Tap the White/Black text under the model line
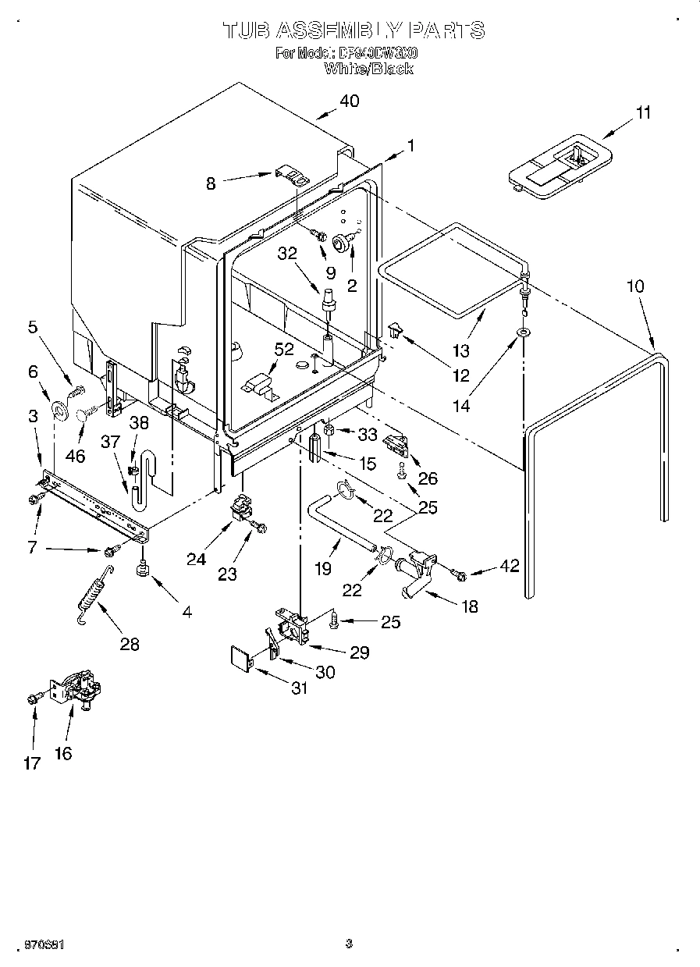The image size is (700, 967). tap(368, 69)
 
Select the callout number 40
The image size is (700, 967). tap(349, 101)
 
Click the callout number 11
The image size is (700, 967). tap(642, 112)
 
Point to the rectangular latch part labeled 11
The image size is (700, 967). tap(558, 162)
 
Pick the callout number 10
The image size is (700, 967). tap(635, 286)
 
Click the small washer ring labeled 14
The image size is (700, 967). tap(521, 334)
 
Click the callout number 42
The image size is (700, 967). tap(510, 567)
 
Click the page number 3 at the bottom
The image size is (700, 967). tap(349, 944)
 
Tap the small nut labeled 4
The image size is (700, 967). tap(142, 571)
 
